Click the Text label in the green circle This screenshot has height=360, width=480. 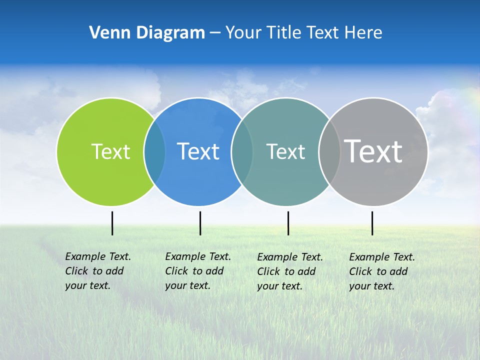[110, 151]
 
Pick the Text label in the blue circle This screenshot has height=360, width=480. [198, 151]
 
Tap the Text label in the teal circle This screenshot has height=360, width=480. [285, 151]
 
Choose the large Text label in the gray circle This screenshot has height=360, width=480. [373, 151]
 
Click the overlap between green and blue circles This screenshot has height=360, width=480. [154, 152]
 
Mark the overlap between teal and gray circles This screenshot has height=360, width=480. [329, 152]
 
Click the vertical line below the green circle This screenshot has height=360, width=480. [112, 223]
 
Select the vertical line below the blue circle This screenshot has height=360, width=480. [200, 223]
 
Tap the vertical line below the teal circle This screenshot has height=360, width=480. [288, 223]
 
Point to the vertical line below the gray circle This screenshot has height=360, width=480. [372, 223]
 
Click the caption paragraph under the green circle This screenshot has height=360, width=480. [97, 271]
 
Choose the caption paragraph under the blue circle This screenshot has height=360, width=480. [197, 271]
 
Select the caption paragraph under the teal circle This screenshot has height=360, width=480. [289, 271]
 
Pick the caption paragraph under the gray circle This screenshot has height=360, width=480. [381, 271]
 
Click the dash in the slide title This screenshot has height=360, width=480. [215, 33]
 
